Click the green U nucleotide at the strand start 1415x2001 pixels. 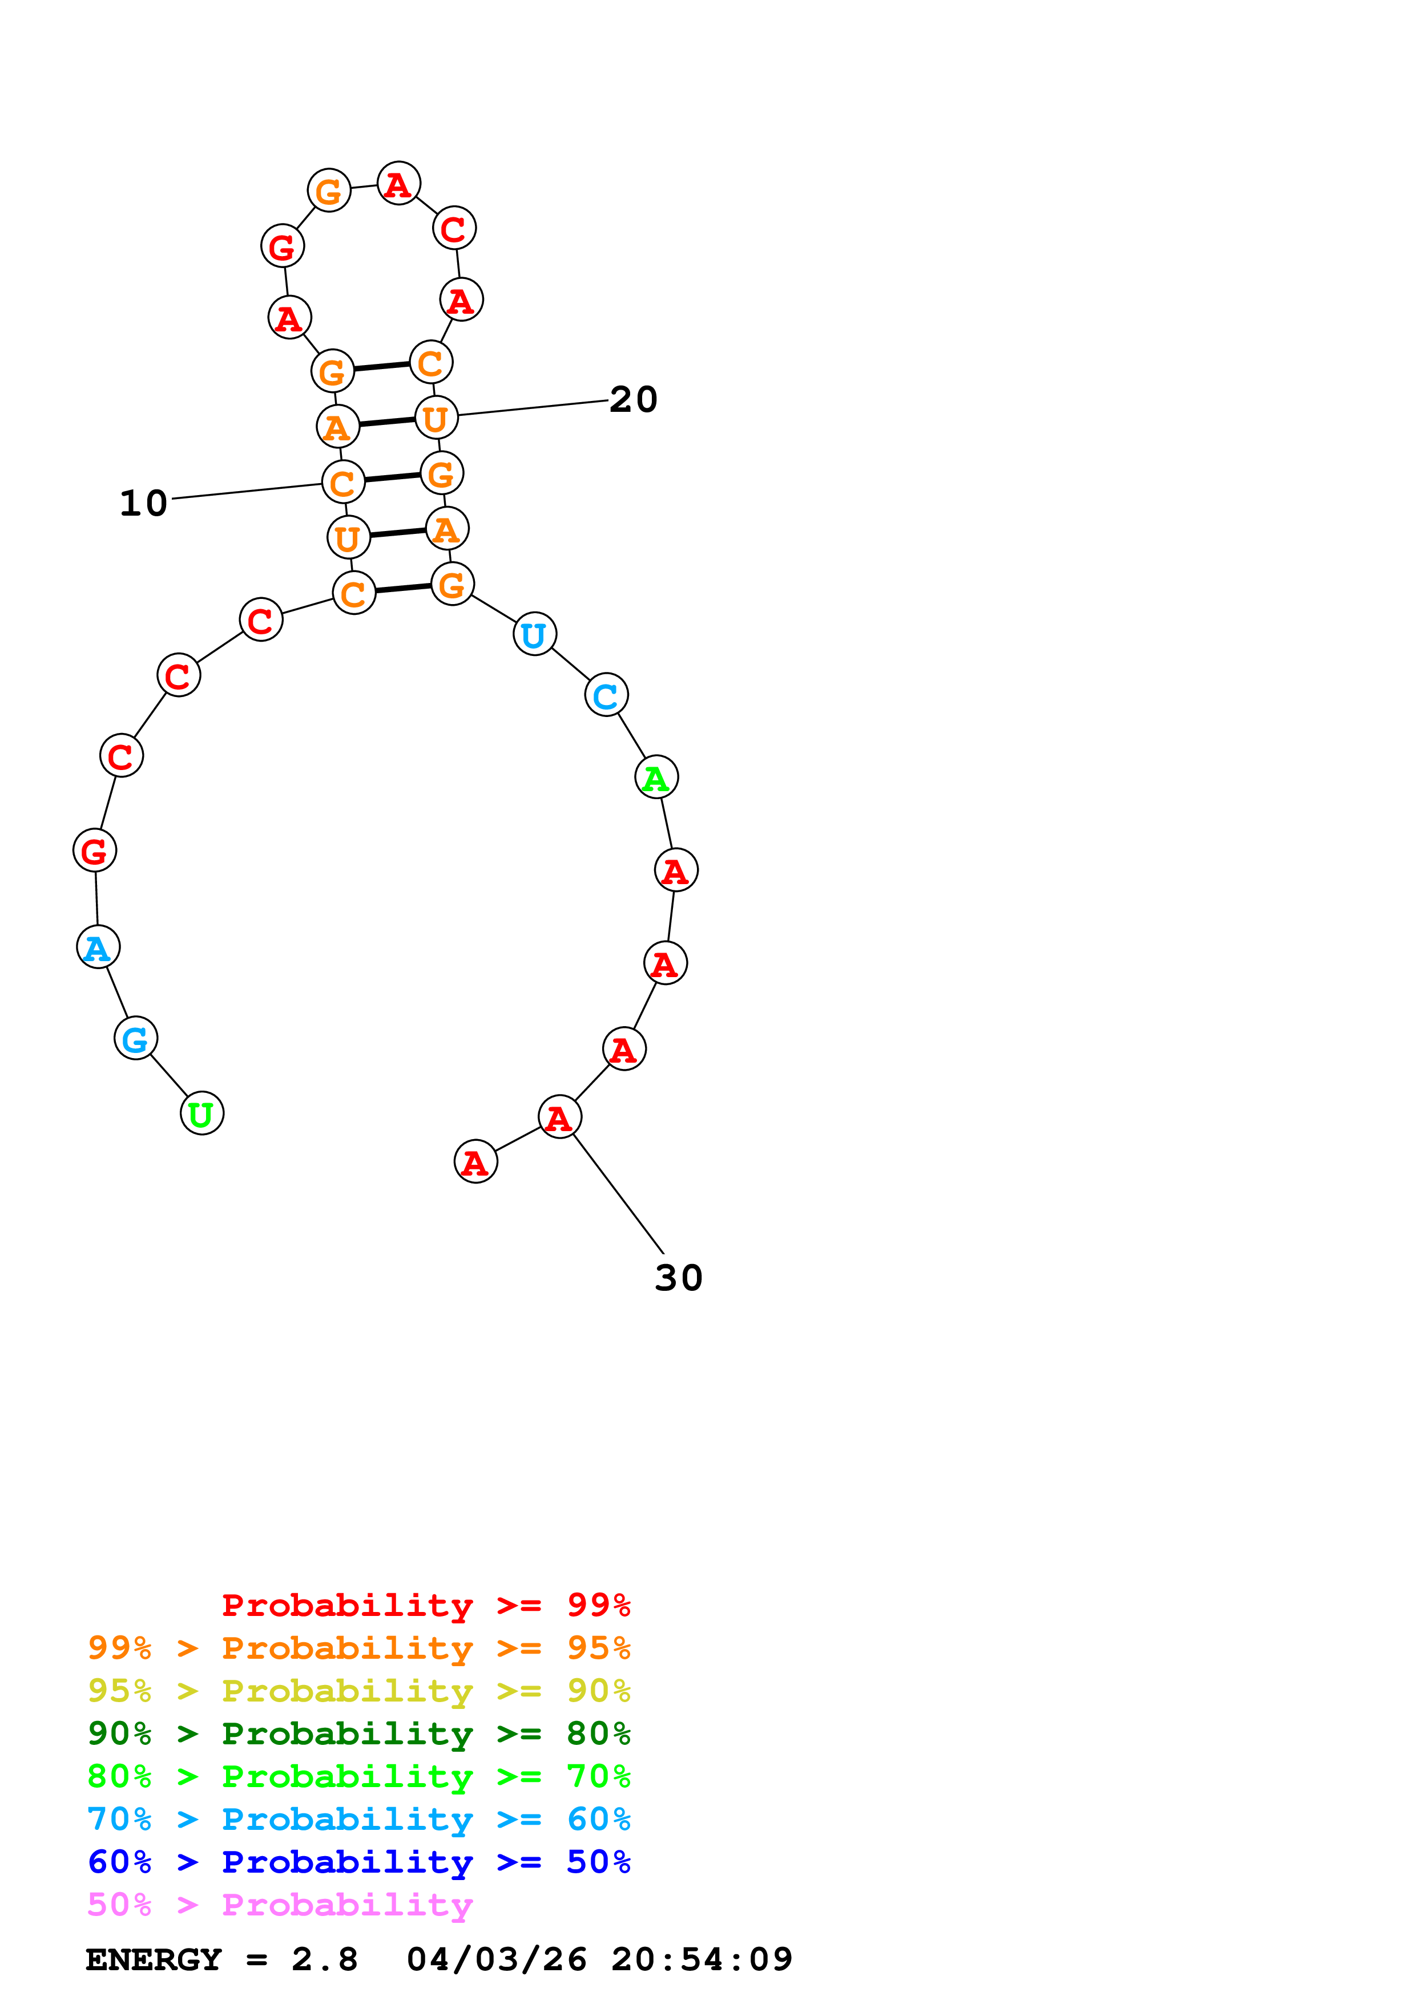tap(201, 1113)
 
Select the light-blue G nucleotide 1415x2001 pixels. tap(135, 1038)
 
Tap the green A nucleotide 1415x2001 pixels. tap(656, 776)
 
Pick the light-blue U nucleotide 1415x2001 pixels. tap(534, 634)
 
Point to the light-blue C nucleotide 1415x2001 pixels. tap(606, 695)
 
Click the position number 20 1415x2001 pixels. tap(633, 399)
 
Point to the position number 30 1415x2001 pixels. tap(678, 1278)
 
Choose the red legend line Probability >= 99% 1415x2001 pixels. tap(425, 1605)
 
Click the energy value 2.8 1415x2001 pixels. tap(324, 1959)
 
